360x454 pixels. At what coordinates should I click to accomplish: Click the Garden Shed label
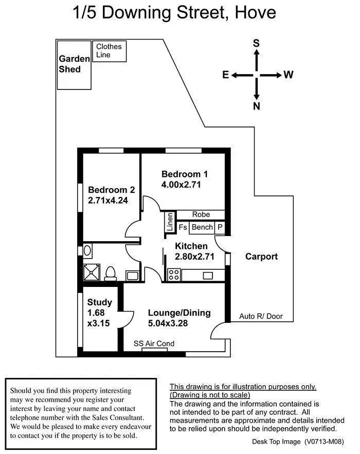pos(74,64)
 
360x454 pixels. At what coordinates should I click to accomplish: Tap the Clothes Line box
pos(109,51)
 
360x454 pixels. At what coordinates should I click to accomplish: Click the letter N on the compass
pos(256,107)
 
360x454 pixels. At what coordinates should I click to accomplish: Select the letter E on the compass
pos(225,75)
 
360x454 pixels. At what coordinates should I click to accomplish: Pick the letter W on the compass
pos(289,75)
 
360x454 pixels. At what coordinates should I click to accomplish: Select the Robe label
pos(201,214)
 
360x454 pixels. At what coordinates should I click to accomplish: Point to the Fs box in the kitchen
pos(183,227)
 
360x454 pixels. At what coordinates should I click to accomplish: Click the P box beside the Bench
pos(220,227)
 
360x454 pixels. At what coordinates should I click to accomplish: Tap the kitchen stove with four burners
pos(173,275)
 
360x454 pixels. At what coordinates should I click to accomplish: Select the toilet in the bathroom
pos(111,273)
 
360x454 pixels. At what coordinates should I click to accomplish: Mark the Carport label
pos(261,257)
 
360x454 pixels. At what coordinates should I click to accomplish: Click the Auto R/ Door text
pos(261,317)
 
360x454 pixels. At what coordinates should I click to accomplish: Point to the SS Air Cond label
pos(154,343)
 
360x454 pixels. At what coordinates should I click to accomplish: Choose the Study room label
pos(99,302)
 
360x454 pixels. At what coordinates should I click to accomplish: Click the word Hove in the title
pos(256,12)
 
